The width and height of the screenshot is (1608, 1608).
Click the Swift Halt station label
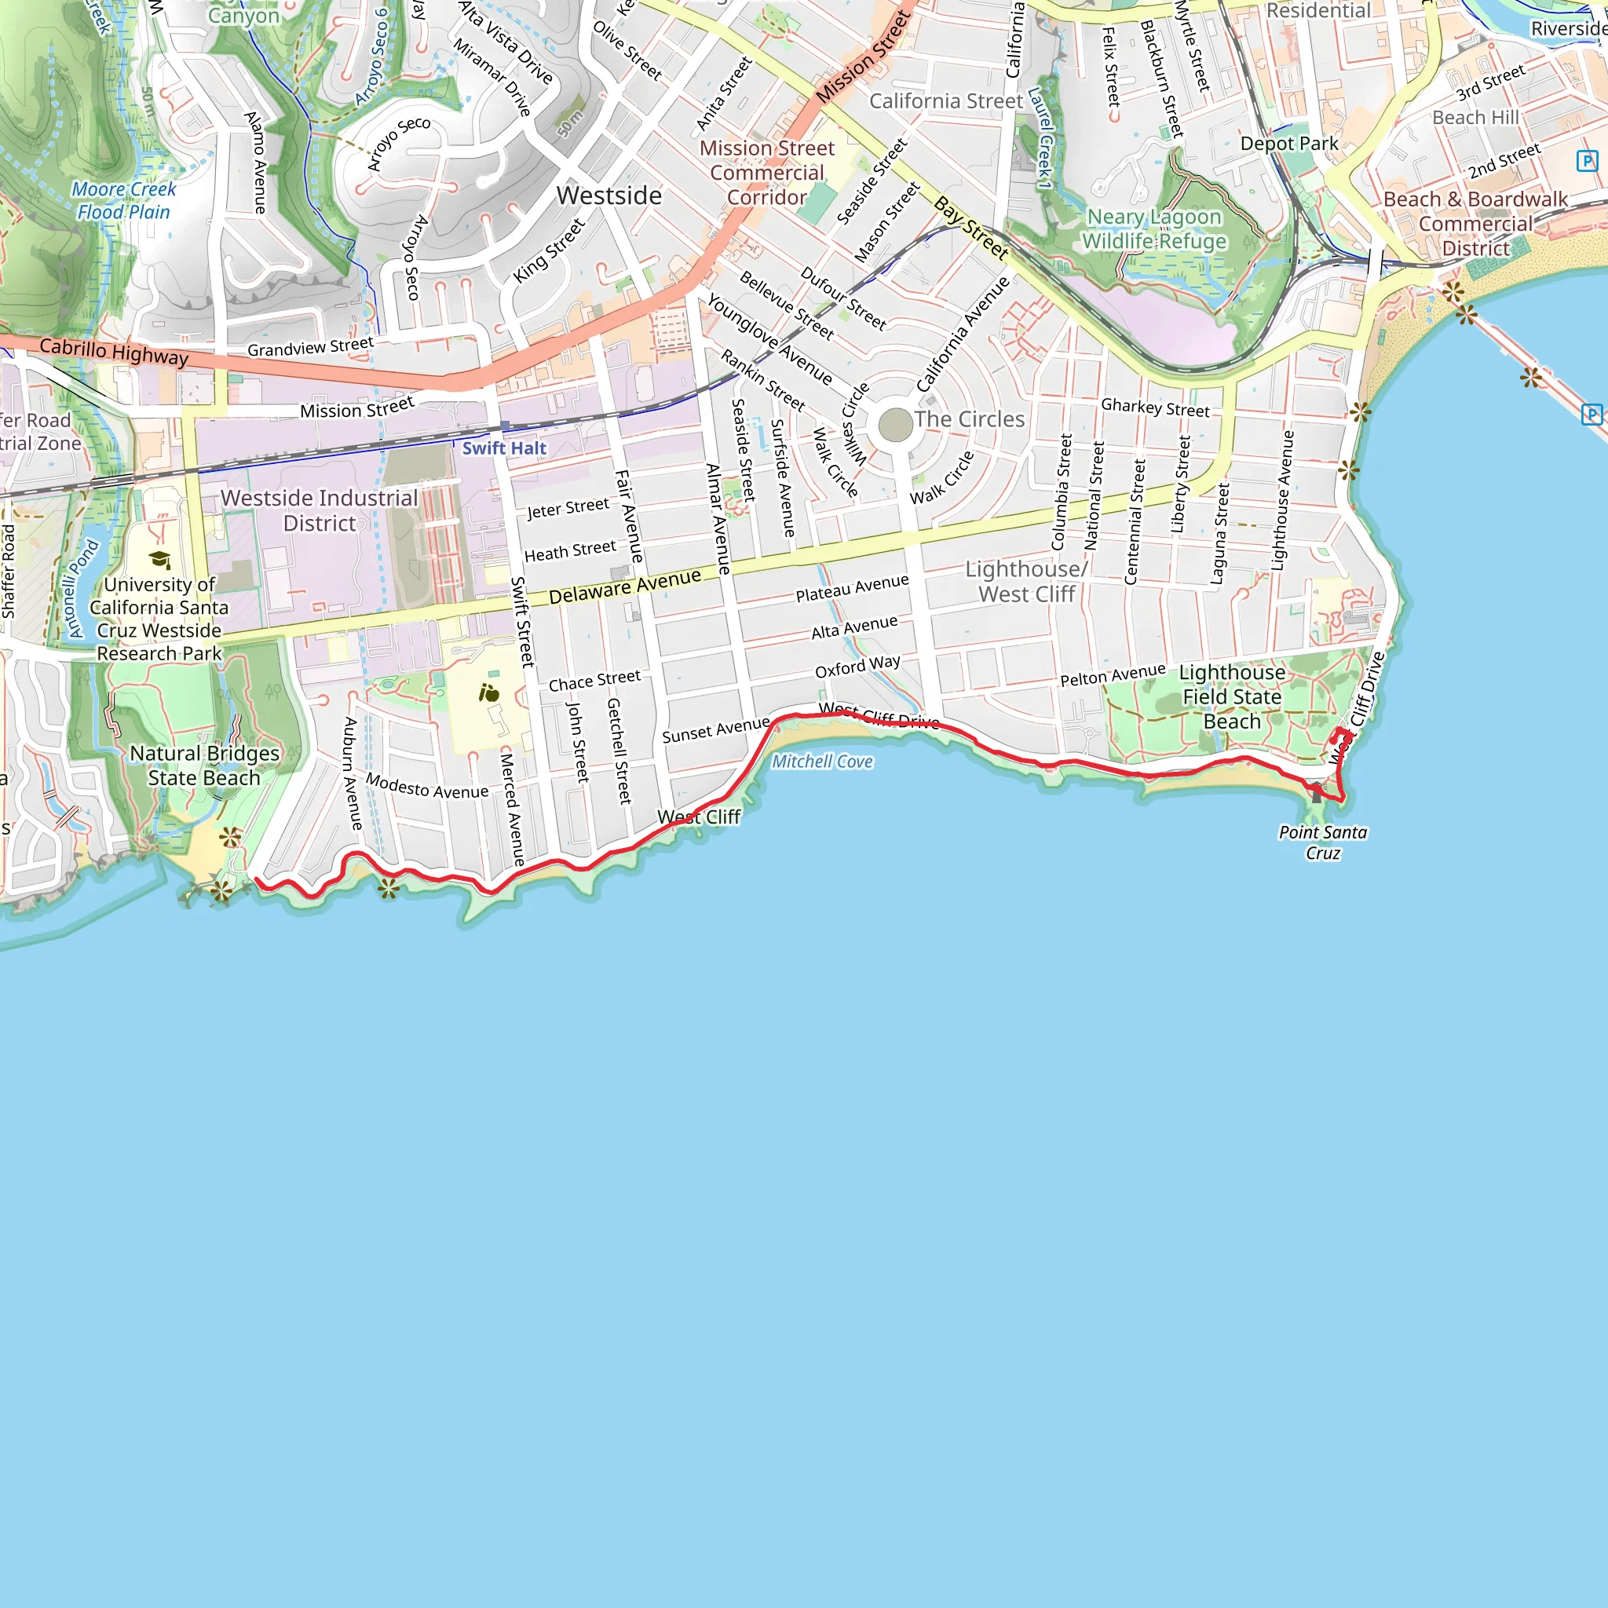(x=503, y=448)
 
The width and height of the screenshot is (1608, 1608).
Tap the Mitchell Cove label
(x=821, y=761)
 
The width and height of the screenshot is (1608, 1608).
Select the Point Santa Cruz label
(x=1322, y=842)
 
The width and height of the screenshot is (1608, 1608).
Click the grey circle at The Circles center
(x=895, y=425)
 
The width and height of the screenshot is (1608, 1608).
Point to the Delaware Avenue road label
(x=624, y=587)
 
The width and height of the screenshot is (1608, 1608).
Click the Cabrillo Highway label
(x=114, y=352)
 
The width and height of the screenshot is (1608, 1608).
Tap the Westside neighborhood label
(x=609, y=196)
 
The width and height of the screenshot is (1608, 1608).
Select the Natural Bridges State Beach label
(x=205, y=765)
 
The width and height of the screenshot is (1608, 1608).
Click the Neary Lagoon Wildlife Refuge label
(x=1153, y=229)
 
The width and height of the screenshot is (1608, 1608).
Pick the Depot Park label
(x=1289, y=143)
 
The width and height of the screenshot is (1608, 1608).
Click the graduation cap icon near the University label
(x=160, y=559)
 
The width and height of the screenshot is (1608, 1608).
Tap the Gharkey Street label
(x=1154, y=407)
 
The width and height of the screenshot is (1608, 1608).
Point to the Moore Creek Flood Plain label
(x=124, y=200)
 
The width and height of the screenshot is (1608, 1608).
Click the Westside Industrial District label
(x=319, y=510)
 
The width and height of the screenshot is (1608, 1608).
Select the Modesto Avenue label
(x=427, y=787)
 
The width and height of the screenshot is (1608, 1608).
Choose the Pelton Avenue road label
(x=1112, y=675)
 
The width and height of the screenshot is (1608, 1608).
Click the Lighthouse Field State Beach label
(x=1232, y=696)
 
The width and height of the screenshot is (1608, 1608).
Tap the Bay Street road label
(x=970, y=227)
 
